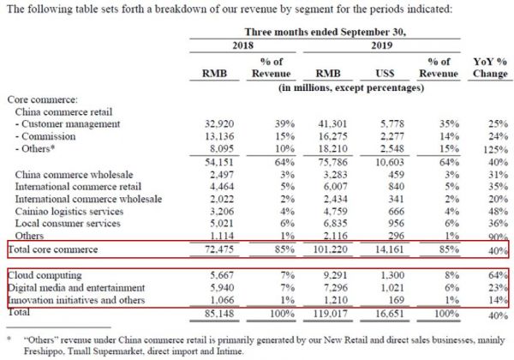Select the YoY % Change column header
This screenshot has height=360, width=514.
point(490,68)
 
